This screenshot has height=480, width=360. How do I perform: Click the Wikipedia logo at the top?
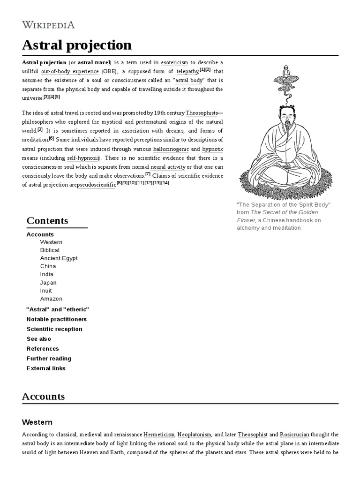pos(48,25)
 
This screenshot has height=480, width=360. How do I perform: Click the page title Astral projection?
pos(77,45)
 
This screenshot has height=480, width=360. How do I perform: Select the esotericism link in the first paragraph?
pos(174,62)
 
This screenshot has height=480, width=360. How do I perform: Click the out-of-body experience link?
pos(70,72)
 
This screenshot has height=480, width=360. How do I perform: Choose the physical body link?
pos(82,89)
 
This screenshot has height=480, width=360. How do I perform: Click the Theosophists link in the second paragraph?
pos(202,113)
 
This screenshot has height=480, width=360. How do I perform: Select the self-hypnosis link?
pos(84,158)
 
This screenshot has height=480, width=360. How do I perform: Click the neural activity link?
pos(168,167)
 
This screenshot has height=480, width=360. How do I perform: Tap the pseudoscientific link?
pos(96,185)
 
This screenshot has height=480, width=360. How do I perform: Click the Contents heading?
pos(47,221)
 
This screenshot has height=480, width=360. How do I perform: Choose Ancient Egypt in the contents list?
pos(59,258)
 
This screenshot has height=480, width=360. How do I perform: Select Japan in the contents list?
pos(48,283)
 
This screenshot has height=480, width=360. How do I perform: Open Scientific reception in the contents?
pos(54,329)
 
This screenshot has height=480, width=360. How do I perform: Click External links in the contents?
pos(46,368)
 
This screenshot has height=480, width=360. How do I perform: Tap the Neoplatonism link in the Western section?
pos(195,435)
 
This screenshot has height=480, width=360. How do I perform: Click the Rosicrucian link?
pos(294,435)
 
